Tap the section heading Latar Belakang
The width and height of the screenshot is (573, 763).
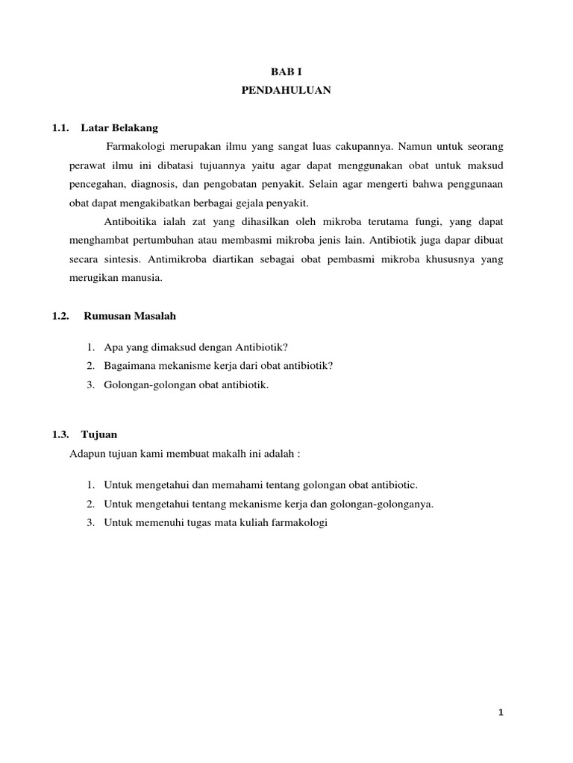[x=119, y=127]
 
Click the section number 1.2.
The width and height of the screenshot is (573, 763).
[x=60, y=317]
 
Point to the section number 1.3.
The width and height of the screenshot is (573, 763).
[x=60, y=434]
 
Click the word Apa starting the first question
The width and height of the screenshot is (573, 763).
[x=112, y=346]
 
